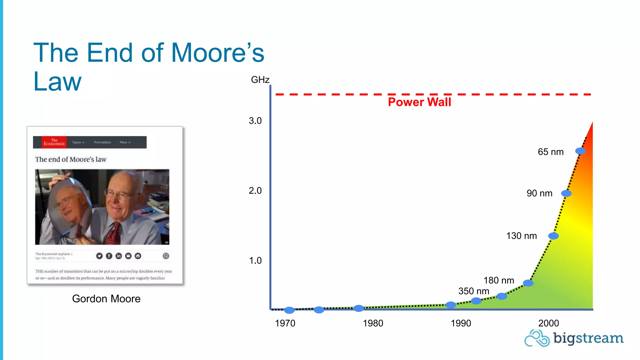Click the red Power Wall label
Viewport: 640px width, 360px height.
(x=419, y=102)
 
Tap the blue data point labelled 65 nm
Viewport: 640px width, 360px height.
(x=580, y=151)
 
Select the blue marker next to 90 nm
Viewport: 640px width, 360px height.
(x=566, y=193)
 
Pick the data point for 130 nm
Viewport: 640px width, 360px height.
(x=553, y=236)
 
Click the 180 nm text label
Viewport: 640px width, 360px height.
(x=499, y=280)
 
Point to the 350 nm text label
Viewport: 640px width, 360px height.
(x=474, y=291)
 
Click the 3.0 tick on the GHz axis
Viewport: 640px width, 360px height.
(x=255, y=121)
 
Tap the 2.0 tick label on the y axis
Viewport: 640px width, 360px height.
(x=255, y=191)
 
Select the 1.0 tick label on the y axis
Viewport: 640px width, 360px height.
(x=255, y=261)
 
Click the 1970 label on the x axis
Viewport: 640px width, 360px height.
(x=285, y=323)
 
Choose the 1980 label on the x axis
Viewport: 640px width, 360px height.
(x=373, y=323)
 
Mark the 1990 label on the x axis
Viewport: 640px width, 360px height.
(x=461, y=323)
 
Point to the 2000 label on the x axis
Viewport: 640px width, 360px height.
(x=548, y=323)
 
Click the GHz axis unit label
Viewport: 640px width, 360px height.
(x=260, y=80)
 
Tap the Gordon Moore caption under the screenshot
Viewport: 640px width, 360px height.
(x=106, y=299)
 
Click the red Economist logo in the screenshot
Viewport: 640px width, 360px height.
(x=54, y=142)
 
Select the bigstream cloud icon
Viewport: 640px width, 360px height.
(x=537, y=338)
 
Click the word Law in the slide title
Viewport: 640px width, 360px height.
(x=57, y=82)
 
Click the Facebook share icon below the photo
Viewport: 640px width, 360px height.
(x=109, y=256)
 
